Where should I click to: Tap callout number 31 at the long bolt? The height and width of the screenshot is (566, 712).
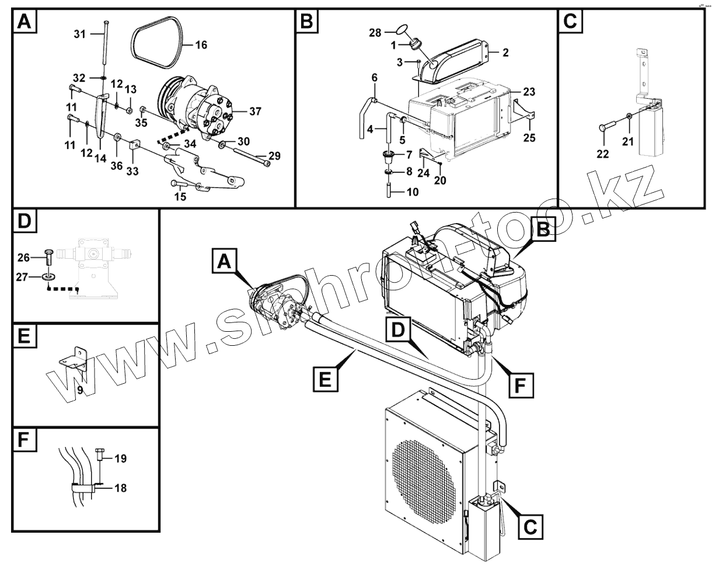point(79,34)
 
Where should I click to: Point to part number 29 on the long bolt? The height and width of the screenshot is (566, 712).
point(274,155)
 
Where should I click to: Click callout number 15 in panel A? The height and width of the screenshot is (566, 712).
point(180,197)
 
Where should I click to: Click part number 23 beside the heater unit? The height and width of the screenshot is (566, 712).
point(529,92)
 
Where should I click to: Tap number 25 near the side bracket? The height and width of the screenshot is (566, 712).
point(529,138)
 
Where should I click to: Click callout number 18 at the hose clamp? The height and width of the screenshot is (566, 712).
point(120,488)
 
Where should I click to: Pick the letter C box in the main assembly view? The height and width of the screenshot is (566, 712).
point(529,526)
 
